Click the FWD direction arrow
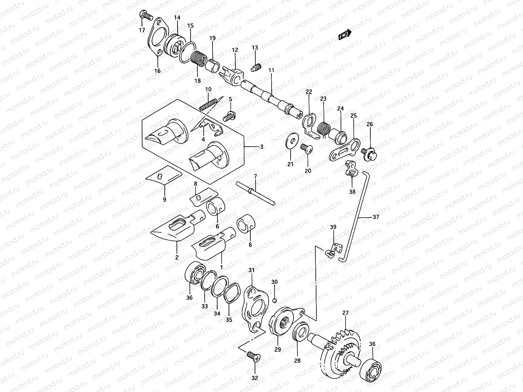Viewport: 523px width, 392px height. point(345,35)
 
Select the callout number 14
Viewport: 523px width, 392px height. point(177,17)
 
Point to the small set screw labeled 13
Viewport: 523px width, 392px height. point(255,67)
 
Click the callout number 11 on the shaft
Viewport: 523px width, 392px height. point(271,70)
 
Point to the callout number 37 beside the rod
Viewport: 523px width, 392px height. point(376,217)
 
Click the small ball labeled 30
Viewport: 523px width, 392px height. point(275,300)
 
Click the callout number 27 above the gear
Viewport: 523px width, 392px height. point(346,313)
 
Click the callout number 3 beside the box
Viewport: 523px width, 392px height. point(261,147)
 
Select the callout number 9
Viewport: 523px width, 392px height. point(164,199)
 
